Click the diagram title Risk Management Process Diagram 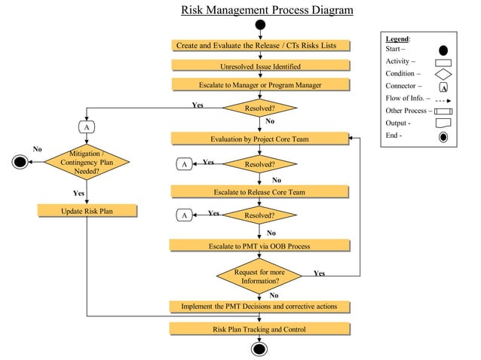pyautogui.click(x=266, y=11)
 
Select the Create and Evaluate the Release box pyautogui.click(x=261, y=45)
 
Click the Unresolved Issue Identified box pyautogui.click(x=260, y=66)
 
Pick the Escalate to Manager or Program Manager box pyautogui.click(x=260, y=85)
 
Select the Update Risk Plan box pyautogui.click(x=87, y=211)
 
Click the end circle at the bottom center pyautogui.click(x=260, y=349)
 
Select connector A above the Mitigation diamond pyautogui.click(x=87, y=127)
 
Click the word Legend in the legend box pyautogui.click(x=397, y=38)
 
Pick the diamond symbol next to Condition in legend pyautogui.click(x=443, y=74)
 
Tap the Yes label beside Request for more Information pyautogui.click(x=320, y=273)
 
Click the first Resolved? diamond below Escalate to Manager pyautogui.click(x=259, y=108)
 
